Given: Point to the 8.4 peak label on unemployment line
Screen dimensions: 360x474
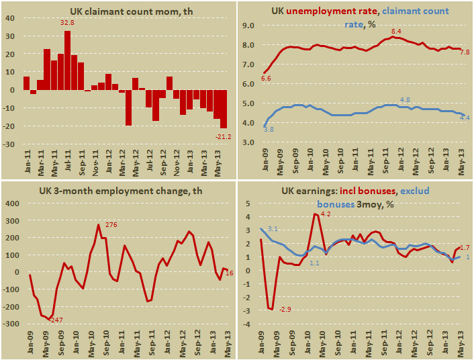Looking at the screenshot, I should pos(395,32).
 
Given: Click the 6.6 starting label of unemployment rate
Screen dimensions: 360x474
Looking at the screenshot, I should pos(266,79).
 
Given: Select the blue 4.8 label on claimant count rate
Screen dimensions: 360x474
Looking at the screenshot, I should pos(405,99).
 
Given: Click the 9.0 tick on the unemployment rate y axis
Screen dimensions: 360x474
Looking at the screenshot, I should pos(248,26).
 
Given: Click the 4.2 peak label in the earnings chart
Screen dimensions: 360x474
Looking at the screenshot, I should pos(326,214).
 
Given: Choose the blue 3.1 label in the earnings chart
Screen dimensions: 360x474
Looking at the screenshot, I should pos(273,229).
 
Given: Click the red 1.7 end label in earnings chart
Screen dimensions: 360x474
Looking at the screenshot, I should pos(465,247).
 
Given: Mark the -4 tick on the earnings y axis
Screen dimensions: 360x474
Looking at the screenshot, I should pos(247,324).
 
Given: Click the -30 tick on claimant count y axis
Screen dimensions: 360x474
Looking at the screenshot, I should pos(12,144).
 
